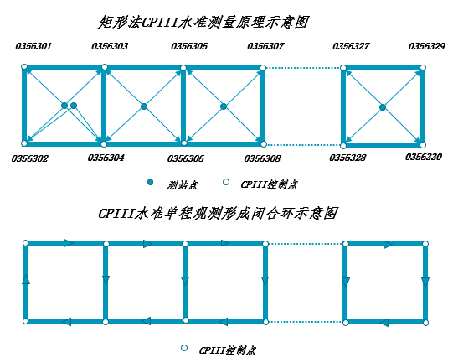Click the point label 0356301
click(x=33, y=46)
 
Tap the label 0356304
click(x=106, y=158)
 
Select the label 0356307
click(x=265, y=46)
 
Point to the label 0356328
click(x=347, y=158)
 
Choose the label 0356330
click(x=424, y=157)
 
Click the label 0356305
click(x=189, y=46)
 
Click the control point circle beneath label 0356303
click(x=105, y=67)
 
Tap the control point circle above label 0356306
click(x=183, y=143)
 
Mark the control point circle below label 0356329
click(x=423, y=68)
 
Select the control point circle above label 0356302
click(x=24, y=143)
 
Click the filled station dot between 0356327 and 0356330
click(x=383, y=107)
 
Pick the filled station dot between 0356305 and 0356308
click(x=224, y=106)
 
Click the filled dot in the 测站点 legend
click(x=150, y=182)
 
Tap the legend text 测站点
click(x=183, y=185)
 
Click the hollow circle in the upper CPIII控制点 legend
click(x=226, y=182)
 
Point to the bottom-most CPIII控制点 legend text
click(x=228, y=350)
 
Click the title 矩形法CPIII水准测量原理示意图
click(x=203, y=23)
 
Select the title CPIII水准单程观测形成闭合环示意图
click(x=218, y=214)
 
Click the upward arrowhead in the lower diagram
click(x=26, y=279)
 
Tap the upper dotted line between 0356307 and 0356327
click(x=303, y=68)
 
